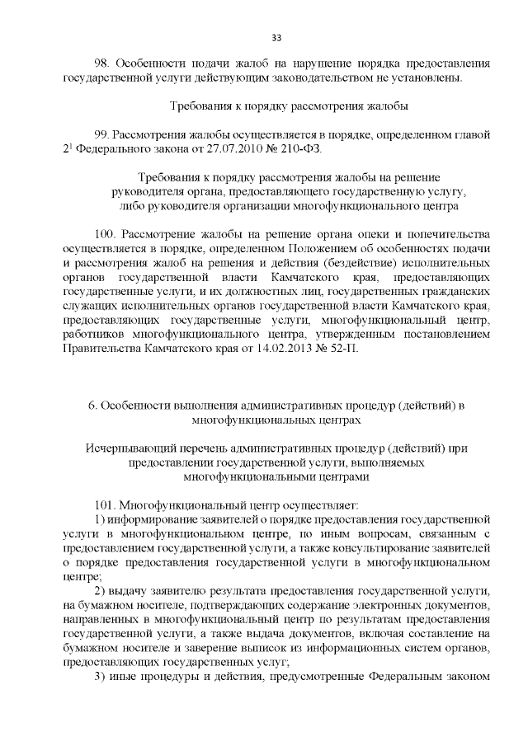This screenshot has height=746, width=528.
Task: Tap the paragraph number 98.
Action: point(103,63)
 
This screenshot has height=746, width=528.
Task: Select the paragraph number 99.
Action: point(102,134)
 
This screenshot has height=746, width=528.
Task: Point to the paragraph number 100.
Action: point(106,234)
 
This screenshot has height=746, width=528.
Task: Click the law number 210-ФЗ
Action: point(303,148)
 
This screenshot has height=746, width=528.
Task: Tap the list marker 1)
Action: point(102,519)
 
